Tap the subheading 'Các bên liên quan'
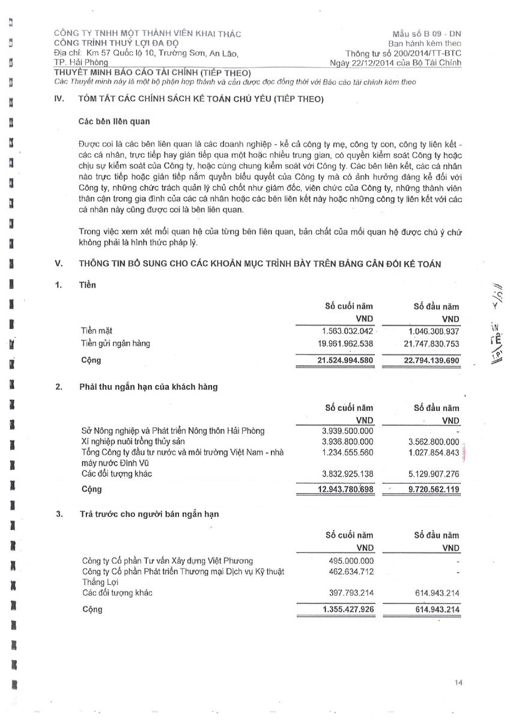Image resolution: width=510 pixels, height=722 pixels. [114, 122]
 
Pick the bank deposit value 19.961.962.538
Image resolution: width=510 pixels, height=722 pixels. [345, 344]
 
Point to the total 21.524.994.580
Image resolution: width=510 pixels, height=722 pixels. [345, 360]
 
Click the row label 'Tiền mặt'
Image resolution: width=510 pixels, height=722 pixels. [96, 332]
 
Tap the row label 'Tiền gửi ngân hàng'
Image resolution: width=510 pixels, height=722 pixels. [115, 344]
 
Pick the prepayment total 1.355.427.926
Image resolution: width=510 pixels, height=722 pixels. [348, 609]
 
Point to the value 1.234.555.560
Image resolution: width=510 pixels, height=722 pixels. [348, 452]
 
